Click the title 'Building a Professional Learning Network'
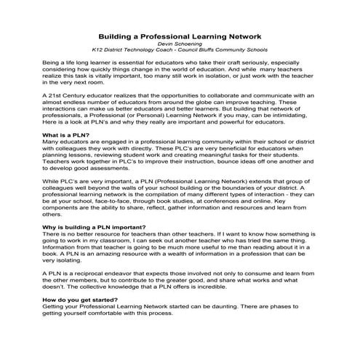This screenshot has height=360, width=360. tap(180, 35)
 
